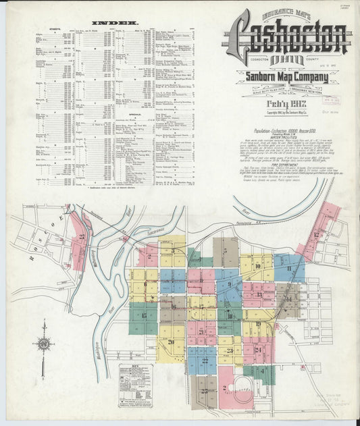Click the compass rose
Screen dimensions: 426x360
(44, 343)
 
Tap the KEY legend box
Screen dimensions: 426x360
(135, 385)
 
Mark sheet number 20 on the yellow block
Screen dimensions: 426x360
(172, 342)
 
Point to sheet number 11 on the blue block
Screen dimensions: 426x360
(288, 268)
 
